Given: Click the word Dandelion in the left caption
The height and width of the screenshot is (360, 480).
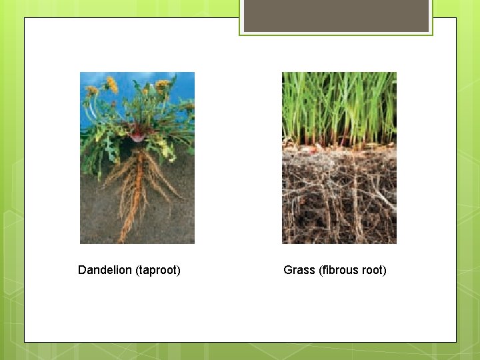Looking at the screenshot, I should pyautogui.click(x=105, y=270).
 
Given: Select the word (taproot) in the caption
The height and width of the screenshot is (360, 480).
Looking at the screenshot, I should pyautogui.click(x=158, y=270).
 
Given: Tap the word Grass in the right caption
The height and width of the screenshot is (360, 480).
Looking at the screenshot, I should pyautogui.click(x=299, y=270).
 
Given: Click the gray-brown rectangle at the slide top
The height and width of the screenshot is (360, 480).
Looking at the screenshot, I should pyautogui.click(x=336, y=16).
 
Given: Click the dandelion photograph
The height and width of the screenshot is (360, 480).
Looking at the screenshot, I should pyautogui.click(x=137, y=158).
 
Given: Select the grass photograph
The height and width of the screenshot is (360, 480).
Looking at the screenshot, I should pyautogui.click(x=339, y=158).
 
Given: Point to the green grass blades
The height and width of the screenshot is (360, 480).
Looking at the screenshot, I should pyautogui.click(x=339, y=107).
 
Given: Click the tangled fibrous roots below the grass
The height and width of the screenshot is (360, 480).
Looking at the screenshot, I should pyautogui.click(x=339, y=200).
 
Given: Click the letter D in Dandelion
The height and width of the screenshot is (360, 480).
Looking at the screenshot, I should pyautogui.click(x=82, y=270).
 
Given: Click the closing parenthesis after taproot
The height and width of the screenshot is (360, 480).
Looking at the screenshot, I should pyautogui.click(x=179, y=270).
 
